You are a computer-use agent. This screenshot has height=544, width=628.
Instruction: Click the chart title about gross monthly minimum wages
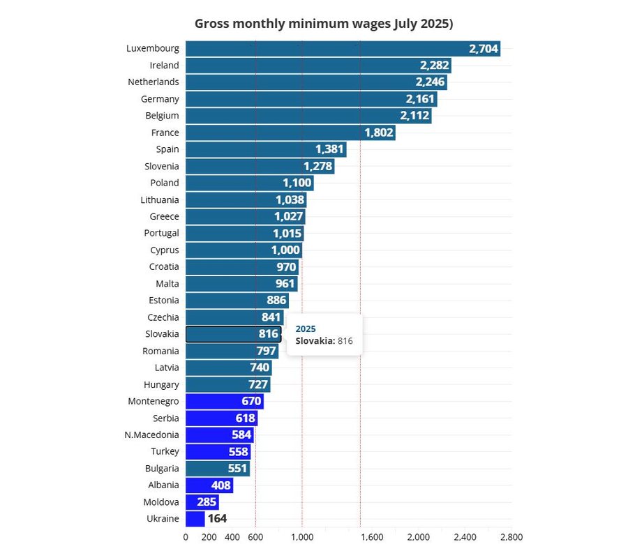click(324, 24)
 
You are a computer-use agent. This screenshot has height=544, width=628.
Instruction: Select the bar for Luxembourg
click(342, 49)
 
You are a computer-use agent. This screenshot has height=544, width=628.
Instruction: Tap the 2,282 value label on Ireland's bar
click(434, 66)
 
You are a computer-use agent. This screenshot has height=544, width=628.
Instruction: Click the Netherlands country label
click(154, 82)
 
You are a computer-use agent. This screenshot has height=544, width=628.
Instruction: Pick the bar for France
click(290, 133)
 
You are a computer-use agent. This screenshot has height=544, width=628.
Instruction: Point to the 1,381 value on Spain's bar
click(329, 149)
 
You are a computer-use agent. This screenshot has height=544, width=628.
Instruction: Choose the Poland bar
click(249, 183)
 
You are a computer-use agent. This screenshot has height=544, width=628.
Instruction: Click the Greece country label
click(165, 216)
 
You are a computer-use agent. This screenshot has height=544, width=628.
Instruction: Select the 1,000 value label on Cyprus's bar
click(286, 250)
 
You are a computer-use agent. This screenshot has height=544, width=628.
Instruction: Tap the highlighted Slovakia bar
click(233, 334)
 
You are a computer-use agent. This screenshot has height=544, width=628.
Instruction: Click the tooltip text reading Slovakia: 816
click(324, 341)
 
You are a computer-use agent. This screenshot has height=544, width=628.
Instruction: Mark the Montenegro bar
click(224, 401)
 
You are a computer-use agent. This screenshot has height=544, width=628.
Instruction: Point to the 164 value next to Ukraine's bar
click(217, 519)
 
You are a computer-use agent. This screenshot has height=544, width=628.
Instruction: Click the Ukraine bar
click(195, 519)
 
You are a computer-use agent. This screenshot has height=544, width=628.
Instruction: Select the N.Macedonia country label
click(151, 435)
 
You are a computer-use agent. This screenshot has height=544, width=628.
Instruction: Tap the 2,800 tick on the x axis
click(511, 536)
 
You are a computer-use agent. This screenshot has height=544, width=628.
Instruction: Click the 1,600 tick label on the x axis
click(372, 536)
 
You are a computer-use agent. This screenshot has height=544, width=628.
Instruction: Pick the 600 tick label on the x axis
click(255, 536)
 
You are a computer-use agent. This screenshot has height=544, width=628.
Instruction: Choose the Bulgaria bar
click(217, 468)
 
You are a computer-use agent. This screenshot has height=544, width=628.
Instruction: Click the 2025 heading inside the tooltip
click(306, 328)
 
